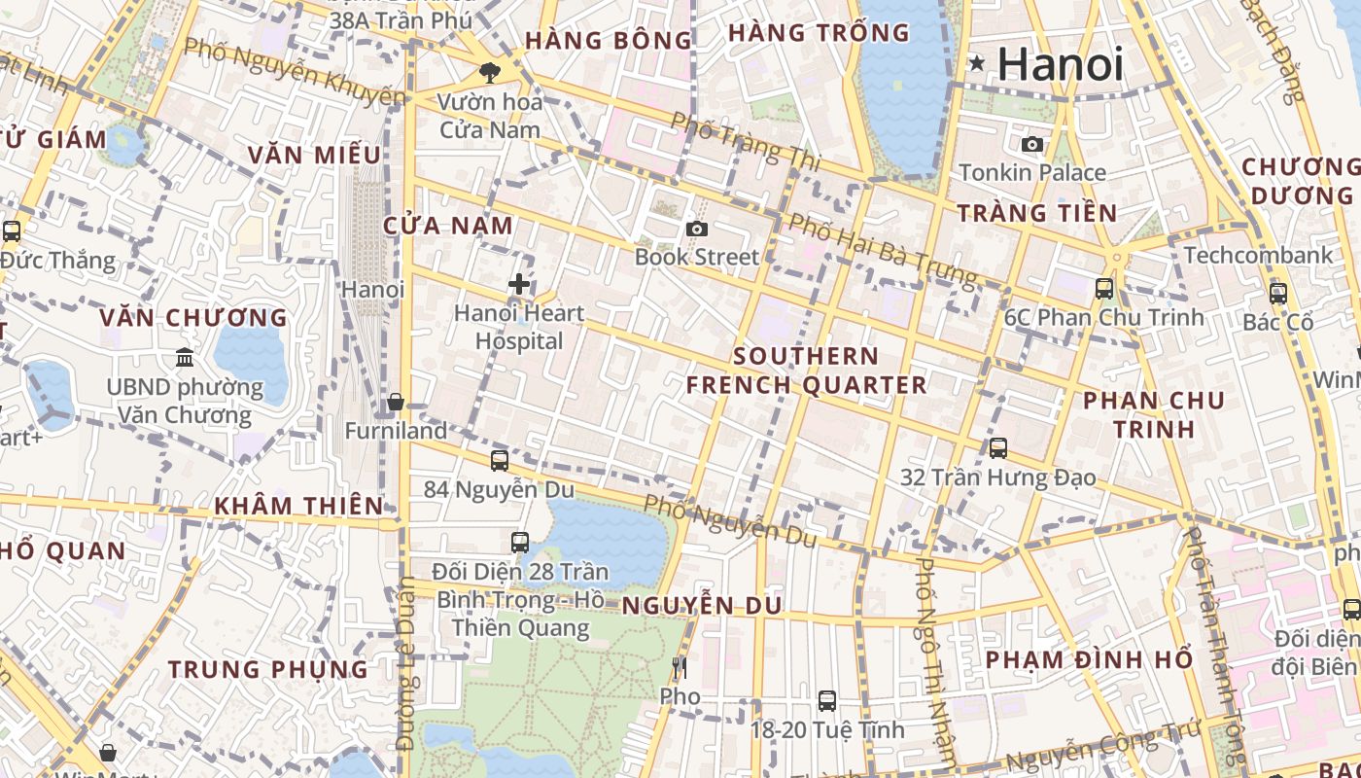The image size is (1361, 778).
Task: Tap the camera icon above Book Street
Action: coord(696,229)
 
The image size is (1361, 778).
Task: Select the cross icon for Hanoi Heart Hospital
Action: coord(520,285)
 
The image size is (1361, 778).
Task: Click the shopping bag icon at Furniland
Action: coord(396,402)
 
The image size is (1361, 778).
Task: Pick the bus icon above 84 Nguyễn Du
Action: coord(499,460)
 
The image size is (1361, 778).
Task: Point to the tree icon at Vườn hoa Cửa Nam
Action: coord(490,72)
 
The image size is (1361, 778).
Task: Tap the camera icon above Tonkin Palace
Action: coord(1031,145)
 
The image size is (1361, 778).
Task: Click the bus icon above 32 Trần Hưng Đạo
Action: coord(997,448)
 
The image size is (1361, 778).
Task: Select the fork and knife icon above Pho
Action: coord(680,667)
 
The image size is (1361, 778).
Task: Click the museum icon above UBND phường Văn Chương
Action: coord(185,358)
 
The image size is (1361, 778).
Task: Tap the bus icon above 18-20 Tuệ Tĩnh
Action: coord(827,700)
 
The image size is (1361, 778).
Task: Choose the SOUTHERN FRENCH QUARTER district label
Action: coord(806,371)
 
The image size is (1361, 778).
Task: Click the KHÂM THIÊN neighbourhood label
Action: coord(298,506)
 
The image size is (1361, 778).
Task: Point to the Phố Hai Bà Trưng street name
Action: coord(882,250)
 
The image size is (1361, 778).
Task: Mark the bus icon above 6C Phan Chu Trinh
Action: coord(1104,288)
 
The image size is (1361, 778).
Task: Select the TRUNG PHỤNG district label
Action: coord(268,669)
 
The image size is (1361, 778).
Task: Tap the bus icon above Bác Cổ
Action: coord(1278,293)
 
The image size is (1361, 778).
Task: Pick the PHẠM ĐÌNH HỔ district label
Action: coord(1089,659)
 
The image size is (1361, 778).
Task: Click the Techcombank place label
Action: coord(1258,256)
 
